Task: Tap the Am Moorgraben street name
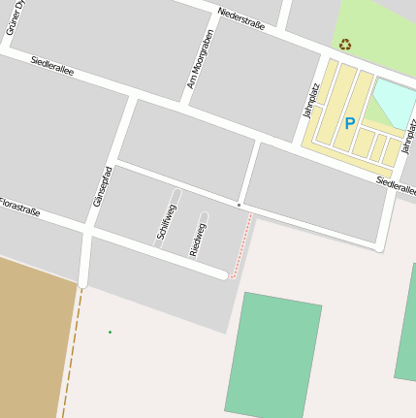tap(199, 60)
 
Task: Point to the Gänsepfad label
tap(107, 184)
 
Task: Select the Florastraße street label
tap(19, 206)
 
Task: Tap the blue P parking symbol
tap(350, 123)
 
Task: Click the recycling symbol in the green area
tap(345, 44)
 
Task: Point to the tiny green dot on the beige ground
tap(110, 333)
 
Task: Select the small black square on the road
tap(239, 205)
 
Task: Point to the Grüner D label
tap(13, 16)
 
